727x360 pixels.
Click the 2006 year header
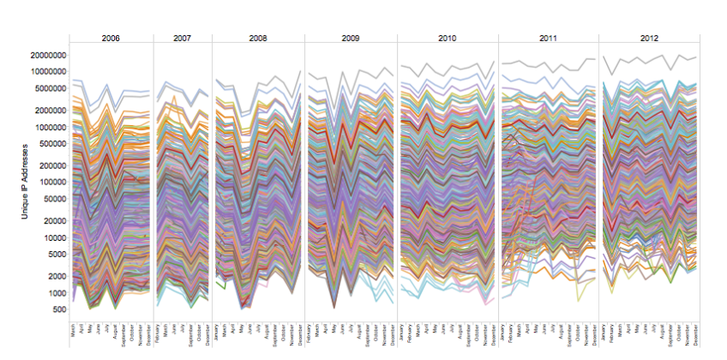coord(111,39)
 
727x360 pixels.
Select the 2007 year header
coord(183,39)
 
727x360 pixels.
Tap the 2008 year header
coord(258,39)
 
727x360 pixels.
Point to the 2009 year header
coord(351,39)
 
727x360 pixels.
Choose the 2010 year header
coord(448,39)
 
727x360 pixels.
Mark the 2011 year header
coord(549,39)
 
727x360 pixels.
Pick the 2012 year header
coord(649,39)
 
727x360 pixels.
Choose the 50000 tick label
coord(51,198)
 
